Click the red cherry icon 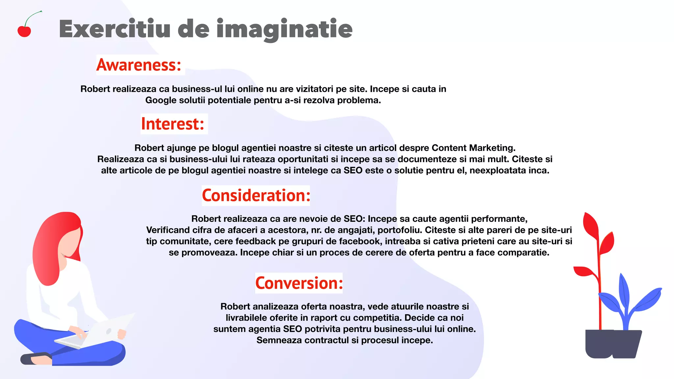click(x=24, y=31)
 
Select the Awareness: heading click(x=139, y=65)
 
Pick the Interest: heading click(x=173, y=124)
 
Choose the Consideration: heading click(x=256, y=195)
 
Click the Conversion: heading click(x=299, y=283)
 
